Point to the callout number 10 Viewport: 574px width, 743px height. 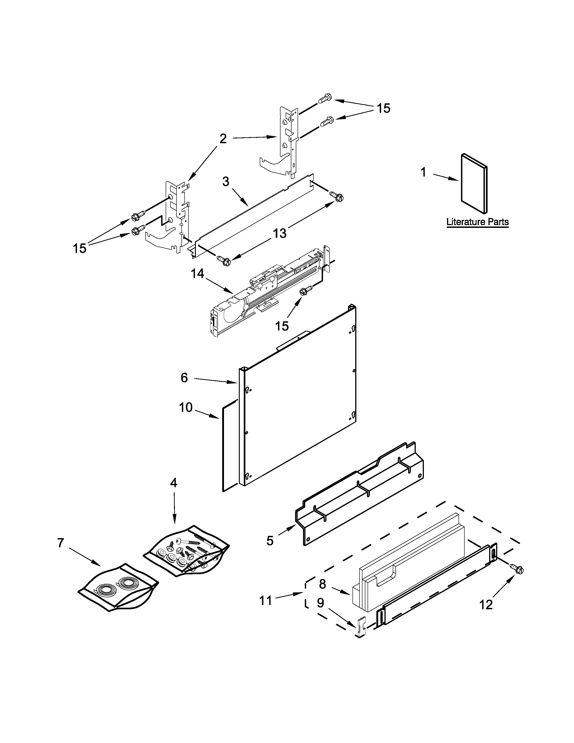pyautogui.click(x=186, y=407)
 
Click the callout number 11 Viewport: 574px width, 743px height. pyautogui.click(x=266, y=600)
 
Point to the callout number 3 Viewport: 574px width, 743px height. pyautogui.click(x=226, y=182)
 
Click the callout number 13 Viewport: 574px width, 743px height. pyautogui.click(x=280, y=233)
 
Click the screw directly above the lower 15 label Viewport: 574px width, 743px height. pyautogui.click(x=305, y=291)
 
